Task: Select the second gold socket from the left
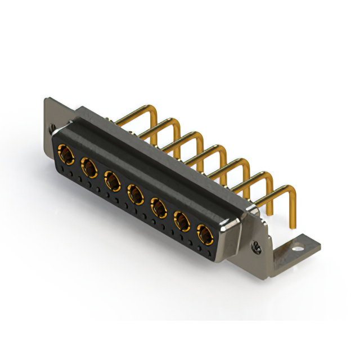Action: pos(88,166)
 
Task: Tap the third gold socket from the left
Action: pos(112,180)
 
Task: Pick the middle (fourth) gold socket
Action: pos(135,194)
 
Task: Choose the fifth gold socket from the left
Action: pos(159,208)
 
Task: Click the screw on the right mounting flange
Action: pos(258,246)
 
